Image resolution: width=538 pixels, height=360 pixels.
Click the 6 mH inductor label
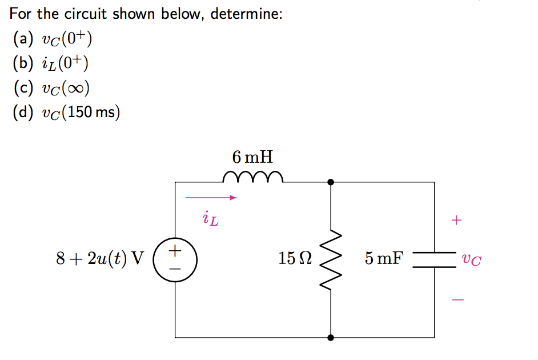click(252, 155)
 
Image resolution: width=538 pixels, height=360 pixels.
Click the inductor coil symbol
click(252, 177)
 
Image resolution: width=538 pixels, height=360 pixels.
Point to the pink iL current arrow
click(211, 198)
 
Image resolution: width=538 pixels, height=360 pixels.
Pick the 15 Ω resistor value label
click(295, 259)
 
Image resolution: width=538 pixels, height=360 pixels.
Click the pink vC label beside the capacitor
click(472, 260)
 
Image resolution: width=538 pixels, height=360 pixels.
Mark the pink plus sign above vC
click(455, 220)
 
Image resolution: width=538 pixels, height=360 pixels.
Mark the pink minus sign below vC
click(455, 299)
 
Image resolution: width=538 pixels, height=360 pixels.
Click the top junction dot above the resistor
click(331, 182)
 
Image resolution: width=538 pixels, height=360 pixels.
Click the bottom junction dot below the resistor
click(331, 338)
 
